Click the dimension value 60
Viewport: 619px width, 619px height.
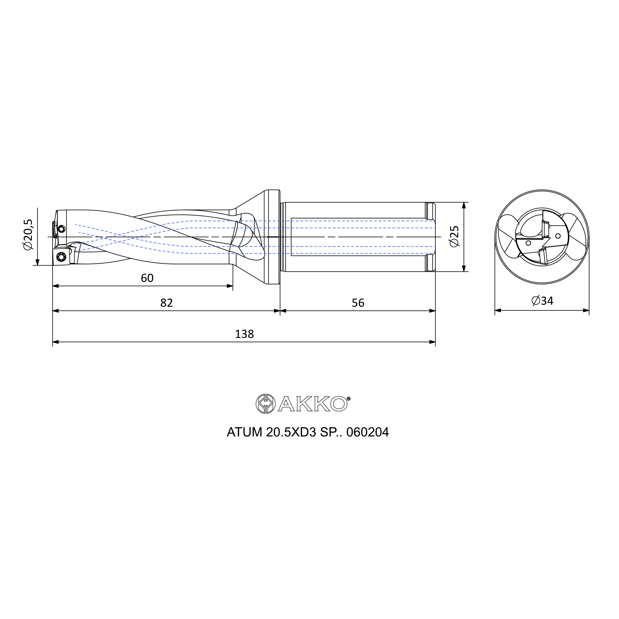[147, 278]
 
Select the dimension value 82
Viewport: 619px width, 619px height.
[166, 303]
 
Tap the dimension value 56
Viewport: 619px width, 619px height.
[358, 303]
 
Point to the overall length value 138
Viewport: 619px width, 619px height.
[244, 334]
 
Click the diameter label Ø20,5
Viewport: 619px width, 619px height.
[28, 235]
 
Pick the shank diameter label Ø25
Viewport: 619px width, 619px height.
[454, 236]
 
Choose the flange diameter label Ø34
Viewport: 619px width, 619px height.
[543, 301]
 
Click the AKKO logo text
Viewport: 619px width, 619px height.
[312, 404]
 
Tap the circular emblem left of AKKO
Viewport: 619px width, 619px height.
[266, 404]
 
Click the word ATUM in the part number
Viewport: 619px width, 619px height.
[245, 432]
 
